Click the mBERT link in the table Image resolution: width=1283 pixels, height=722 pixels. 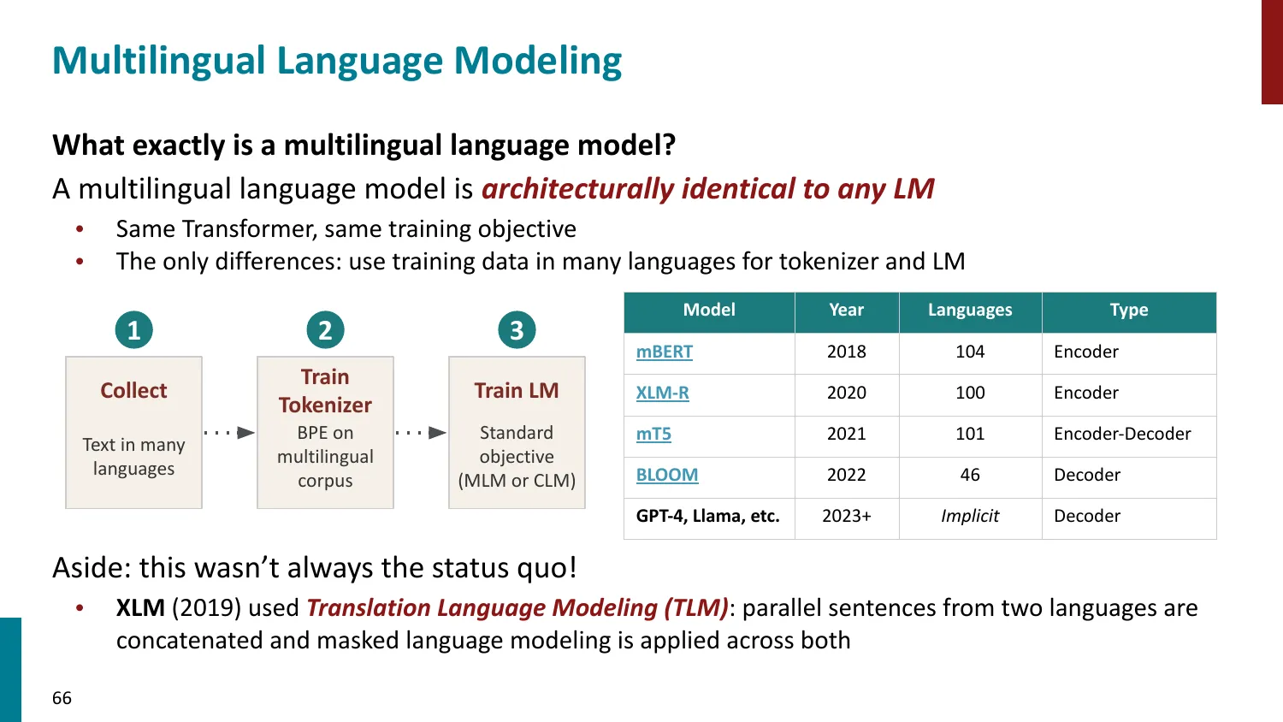pos(665,352)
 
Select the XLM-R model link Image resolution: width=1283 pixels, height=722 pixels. pos(663,393)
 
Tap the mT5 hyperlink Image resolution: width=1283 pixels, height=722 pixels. pos(653,434)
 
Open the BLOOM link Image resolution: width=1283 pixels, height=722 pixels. pos(667,475)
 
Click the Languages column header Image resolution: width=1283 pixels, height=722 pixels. pos(970,310)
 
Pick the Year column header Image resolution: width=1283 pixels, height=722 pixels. pos(847,310)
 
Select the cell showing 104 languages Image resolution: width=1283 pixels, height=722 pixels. pos(970,352)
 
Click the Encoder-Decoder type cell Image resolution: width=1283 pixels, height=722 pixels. pos(1122,434)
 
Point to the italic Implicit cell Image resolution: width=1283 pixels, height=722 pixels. pos(970,516)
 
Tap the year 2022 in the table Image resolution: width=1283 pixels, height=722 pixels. pos(847,475)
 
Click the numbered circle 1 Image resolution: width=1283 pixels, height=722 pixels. pos(134,330)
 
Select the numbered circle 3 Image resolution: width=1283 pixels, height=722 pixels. pos(517,330)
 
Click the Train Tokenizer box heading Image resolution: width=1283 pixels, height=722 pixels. pos(325,391)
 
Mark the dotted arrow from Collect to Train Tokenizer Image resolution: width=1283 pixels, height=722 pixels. pos(229,432)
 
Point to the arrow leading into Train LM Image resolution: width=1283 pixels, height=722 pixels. pos(421,432)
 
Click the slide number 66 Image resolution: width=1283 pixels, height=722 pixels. pos(62,698)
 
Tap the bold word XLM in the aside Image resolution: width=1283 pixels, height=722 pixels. pos(140,608)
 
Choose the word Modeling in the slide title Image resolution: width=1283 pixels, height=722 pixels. pos(538,62)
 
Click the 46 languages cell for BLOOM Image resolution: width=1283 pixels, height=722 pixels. pos(970,475)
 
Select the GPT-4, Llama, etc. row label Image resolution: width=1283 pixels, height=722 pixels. pos(708,516)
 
